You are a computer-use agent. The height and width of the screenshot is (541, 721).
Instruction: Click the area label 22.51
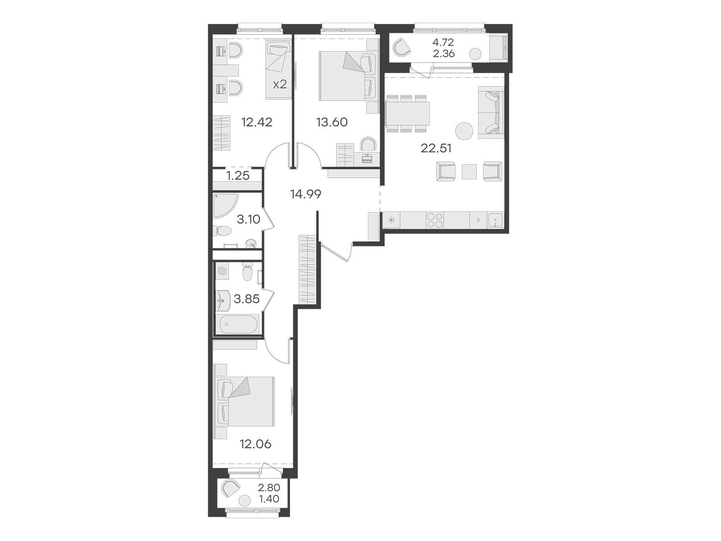tap(436, 148)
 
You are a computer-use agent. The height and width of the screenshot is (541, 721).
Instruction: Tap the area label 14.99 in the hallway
tap(306, 194)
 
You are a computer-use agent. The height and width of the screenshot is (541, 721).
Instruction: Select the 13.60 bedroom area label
tap(332, 122)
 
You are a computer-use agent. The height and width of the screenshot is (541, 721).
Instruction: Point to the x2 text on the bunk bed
tap(280, 85)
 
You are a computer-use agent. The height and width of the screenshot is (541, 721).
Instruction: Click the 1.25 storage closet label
tap(238, 176)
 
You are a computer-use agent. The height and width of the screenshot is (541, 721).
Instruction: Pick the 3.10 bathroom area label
tap(248, 219)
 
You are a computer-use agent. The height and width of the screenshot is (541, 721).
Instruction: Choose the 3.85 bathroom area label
tap(246, 299)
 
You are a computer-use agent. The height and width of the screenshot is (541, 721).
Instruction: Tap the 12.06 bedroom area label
tap(256, 444)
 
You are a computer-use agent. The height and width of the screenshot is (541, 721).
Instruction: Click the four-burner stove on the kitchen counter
tap(434, 220)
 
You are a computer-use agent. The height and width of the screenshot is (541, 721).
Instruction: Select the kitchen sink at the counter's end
tap(495, 220)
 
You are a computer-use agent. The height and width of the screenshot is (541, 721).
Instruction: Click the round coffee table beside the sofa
tap(464, 131)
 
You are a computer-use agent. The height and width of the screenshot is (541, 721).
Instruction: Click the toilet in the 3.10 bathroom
tap(222, 230)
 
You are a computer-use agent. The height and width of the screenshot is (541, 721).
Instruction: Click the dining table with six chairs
tap(407, 113)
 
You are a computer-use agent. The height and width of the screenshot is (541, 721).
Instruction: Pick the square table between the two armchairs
tap(469, 171)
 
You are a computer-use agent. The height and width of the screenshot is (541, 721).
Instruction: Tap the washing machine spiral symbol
tap(222, 271)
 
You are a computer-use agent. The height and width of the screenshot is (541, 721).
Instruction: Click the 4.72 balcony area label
tap(443, 42)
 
